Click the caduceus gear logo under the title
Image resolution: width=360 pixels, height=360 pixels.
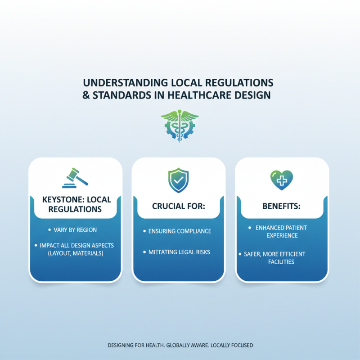point(180,126)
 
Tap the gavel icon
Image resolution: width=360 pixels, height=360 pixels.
point(75,178)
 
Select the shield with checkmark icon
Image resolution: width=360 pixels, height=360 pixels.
point(178,180)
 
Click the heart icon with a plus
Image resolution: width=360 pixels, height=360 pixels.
point(282,180)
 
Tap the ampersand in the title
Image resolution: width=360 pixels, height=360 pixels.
point(86,95)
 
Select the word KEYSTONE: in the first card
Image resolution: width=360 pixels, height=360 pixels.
point(60,199)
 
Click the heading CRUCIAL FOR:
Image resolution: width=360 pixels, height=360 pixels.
point(178,206)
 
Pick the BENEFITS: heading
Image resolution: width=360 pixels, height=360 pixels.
point(281,206)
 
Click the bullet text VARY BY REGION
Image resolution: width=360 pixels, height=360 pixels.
point(75,230)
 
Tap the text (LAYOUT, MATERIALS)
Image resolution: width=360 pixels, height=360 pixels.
point(76,253)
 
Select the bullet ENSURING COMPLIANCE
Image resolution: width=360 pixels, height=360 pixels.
point(180,231)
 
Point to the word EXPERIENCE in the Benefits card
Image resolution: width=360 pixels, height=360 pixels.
point(282,235)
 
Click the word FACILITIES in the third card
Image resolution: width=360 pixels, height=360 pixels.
point(281,262)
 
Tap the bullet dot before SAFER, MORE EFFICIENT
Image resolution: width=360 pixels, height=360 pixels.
point(240,254)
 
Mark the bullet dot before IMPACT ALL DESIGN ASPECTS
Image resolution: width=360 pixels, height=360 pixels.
point(36,245)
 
